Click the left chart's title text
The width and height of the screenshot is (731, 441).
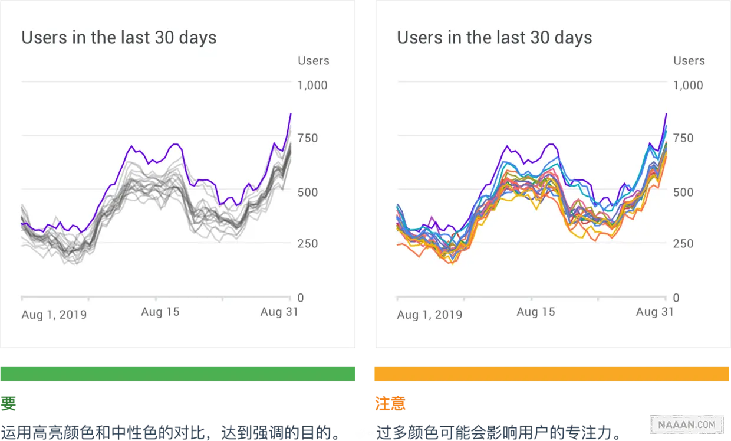pos(119,38)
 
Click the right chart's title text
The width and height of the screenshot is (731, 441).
pos(494,38)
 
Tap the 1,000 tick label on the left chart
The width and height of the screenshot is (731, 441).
pos(312,85)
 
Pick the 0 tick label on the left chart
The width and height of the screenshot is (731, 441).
pos(301,298)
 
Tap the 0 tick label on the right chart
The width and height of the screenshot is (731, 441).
pos(676,298)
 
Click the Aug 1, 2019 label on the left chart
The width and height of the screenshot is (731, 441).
pos(54,315)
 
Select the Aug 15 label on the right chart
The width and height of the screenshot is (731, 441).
pos(535,312)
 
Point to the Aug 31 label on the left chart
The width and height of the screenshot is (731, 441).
pos(279,312)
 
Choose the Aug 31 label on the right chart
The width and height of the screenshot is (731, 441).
pos(654,312)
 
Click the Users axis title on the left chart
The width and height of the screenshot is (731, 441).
pos(314,61)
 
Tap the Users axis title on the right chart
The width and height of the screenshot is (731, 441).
pos(689,61)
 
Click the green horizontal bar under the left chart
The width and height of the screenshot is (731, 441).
pos(179,374)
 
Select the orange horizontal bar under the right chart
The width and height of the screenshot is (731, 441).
pos(552,374)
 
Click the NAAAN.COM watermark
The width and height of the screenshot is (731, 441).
pos(686,424)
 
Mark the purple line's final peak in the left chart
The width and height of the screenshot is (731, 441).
pos(291,113)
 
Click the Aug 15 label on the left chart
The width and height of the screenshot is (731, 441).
pos(160,312)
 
